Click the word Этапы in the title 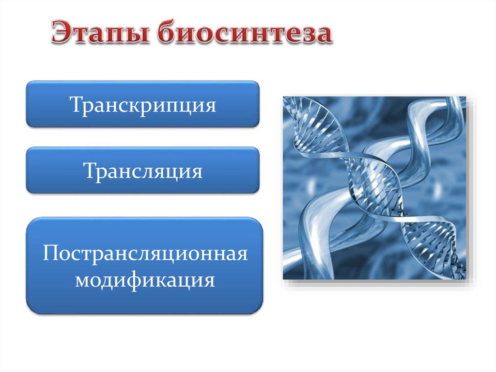[100, 32]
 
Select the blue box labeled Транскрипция [143, 104]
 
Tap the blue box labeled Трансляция [143, 170]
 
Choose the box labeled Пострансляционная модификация [144, 265]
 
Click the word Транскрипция [143, 105]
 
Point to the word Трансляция [143, 171]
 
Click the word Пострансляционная [145, 254]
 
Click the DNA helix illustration [374, 188]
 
